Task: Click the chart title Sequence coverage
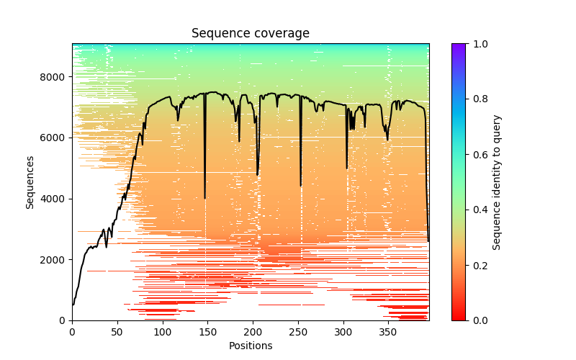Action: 251,33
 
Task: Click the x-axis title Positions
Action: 251,346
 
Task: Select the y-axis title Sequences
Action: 30,182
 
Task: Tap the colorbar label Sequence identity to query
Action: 497,182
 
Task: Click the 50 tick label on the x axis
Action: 117,332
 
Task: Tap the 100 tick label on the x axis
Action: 163,332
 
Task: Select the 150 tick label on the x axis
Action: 208,332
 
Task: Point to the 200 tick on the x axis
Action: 253,332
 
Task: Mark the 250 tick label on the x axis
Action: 298,332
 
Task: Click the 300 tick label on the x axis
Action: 343,332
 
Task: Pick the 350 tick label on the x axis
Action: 389,332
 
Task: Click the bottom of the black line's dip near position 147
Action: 205,198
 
